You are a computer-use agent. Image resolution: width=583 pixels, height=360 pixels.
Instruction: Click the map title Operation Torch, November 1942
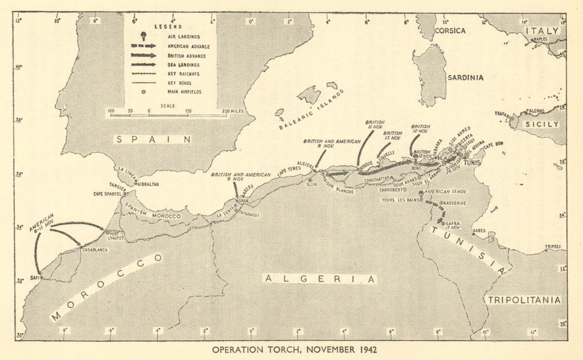(x=294, y=350)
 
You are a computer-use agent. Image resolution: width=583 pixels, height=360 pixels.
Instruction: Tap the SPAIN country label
(x=153, y=139)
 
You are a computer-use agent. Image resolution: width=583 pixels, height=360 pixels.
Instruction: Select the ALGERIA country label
(x=319, y=279)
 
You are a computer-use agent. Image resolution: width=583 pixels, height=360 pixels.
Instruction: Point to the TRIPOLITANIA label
(x=524, y=300)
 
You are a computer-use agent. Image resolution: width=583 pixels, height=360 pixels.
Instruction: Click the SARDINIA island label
(x=465, y=77)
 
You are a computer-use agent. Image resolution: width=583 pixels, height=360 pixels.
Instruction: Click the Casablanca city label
(x=93, y=250)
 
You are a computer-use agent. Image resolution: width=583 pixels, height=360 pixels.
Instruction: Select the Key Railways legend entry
(x=178, y=74)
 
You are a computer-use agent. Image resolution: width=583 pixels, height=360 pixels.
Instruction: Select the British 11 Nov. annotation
(x=375, y=125)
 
